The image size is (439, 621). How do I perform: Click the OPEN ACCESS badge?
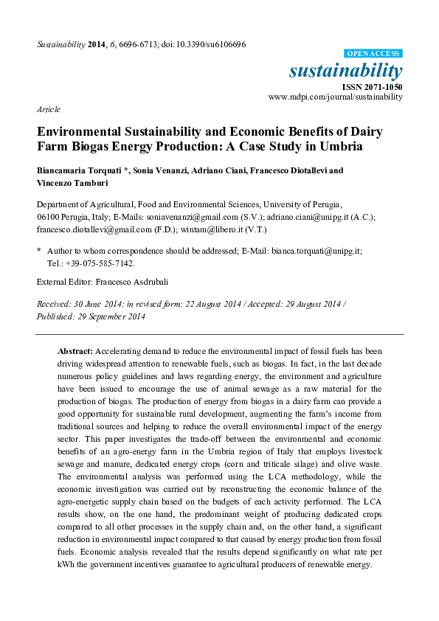373,54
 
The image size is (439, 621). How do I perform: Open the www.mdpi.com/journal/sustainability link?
336,97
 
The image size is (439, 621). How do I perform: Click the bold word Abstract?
75,351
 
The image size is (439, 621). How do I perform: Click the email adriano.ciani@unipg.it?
313,217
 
